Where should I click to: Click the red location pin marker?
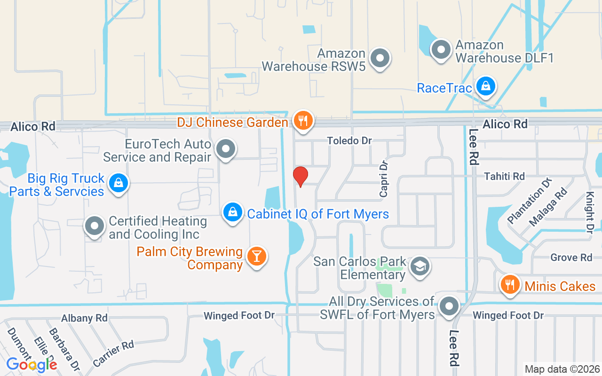(x=301, y=176)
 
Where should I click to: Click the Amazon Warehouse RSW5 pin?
(x=380, y=59)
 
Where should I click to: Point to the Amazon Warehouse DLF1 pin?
(x=441, y=49)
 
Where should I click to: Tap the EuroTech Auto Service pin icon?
(x=226, y=149)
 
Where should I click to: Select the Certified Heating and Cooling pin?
(x=95, y=226)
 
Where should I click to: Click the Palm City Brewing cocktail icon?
(x=256, y=256)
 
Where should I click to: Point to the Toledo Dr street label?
(x=349, y=141)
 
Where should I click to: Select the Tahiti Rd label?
(x=504, y=176)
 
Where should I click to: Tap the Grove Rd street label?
(x=571, y=257)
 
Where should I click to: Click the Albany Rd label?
(x=84, y=318)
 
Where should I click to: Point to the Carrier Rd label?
(x=113, y=353)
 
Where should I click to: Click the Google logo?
(x=32, y=364)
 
